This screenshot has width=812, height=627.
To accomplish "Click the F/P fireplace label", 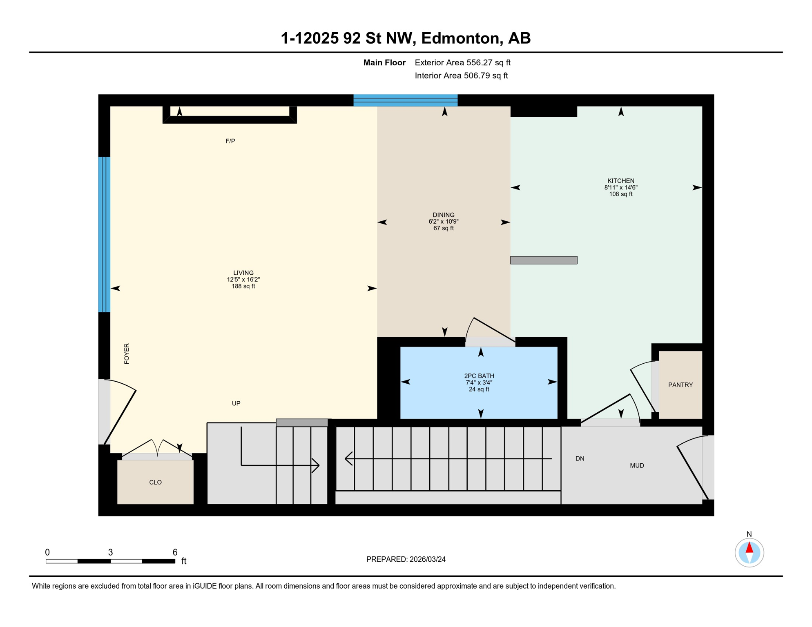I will click(230, 141).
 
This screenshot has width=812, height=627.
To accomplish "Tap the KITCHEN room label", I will click(621, 181).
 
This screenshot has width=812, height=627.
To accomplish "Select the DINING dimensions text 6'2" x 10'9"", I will click(444, 222).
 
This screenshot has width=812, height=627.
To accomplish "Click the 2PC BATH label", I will click(479, 376).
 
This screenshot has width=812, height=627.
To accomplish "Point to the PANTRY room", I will click(680, 385).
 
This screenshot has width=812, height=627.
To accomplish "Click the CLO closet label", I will click(156, 482).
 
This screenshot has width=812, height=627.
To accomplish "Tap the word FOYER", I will click(127, 354).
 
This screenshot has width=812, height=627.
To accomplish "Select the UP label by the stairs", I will click(236, 403).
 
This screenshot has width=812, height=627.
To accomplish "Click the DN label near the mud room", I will click(580, 459).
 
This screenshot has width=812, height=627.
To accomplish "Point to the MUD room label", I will click(637, 466).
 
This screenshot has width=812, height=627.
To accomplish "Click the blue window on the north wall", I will click(405, 100).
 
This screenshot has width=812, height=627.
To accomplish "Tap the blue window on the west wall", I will click(104, 235).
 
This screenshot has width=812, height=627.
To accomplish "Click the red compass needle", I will click(750, 547).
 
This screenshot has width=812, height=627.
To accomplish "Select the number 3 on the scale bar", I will click(110, 552).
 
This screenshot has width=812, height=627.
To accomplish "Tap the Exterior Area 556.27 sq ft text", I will click(462, 62).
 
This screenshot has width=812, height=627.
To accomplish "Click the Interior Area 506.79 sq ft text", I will click(461, 76).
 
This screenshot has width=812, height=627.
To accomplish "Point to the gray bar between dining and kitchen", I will click(544, 260).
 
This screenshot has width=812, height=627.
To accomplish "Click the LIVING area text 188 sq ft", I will click(243, 287).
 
